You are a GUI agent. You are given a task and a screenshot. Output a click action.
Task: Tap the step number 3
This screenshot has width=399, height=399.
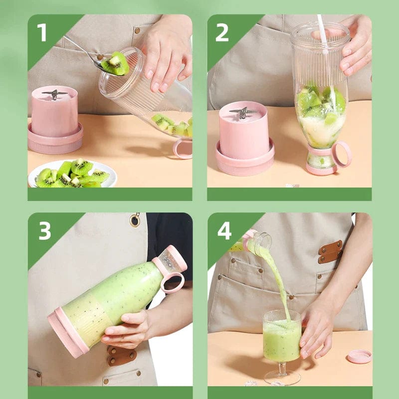(x=44, y=231)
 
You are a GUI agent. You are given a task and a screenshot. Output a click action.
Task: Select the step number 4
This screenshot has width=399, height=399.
(x=224, y=231)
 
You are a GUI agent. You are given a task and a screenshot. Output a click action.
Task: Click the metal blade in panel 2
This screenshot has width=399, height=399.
(x=242, y=112)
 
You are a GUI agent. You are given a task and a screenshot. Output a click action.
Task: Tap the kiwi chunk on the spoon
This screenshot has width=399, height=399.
(x=116, y=63)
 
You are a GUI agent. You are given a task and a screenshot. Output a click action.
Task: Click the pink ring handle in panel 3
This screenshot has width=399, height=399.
(x=172, y=283)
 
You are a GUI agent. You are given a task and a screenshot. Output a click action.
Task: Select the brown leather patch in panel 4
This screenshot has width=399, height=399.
(x=330, y=251)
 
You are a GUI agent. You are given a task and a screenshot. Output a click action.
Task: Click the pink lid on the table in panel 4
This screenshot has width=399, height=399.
(x=359, y=356)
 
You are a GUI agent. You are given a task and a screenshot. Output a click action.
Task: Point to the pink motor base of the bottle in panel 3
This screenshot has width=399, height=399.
(x=67, y=332)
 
